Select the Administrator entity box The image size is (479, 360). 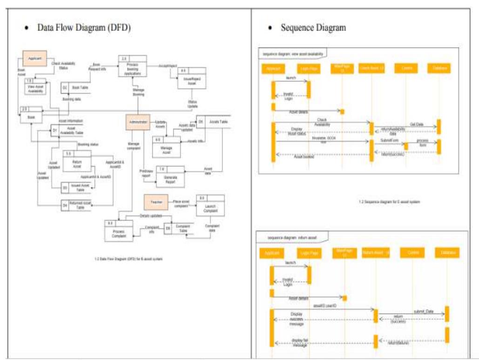[x=137, y=122]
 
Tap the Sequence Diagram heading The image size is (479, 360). [x=313, y=27]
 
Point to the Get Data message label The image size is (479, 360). [x=416, y=124]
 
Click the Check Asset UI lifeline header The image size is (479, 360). [x=371, y=69]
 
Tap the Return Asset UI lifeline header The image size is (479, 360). [x=375, y=253]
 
